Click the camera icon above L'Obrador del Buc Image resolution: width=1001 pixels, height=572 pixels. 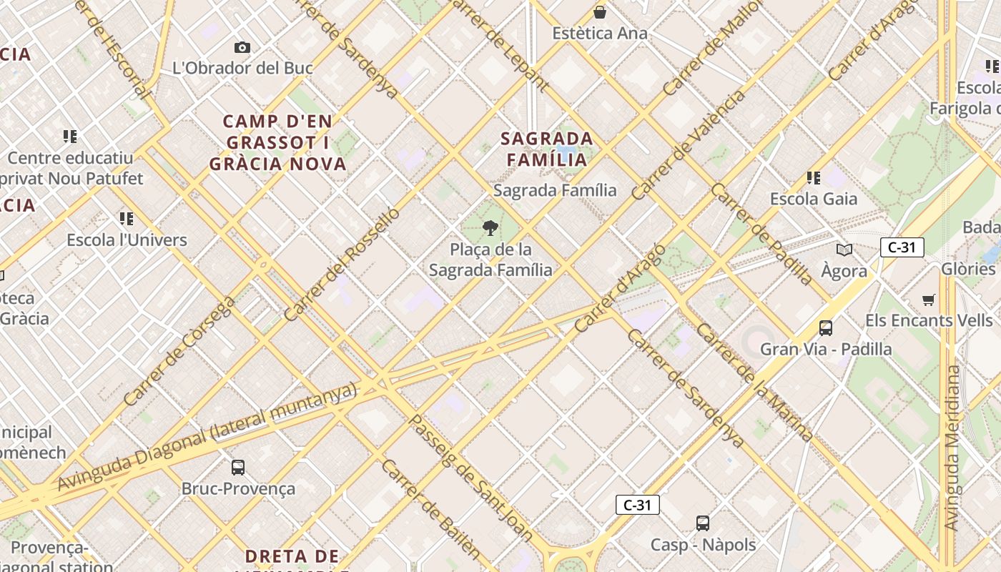point(242,48)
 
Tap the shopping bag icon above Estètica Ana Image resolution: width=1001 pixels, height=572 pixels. point(600,12)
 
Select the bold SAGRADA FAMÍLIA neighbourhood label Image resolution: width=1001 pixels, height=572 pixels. point(547,149)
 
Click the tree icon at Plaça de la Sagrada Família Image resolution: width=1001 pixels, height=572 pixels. point(490,228)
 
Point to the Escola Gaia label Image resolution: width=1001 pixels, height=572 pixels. point(813,199)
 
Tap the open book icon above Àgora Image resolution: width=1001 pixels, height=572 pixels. point(844,250)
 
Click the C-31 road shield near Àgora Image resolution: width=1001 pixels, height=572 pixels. point(902,247)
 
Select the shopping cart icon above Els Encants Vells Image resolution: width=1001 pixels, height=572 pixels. point(928,300)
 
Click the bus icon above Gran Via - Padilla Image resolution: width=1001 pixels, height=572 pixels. point(825,328)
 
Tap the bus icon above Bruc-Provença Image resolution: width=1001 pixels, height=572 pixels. point(238,468)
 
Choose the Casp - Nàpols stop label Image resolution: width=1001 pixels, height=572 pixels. point(703,545)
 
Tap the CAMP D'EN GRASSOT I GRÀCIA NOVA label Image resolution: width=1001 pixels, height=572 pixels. point(277,143)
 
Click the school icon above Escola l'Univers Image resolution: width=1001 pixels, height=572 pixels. point(127,218)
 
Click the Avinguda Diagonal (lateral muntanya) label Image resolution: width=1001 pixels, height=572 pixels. point(207,437)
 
